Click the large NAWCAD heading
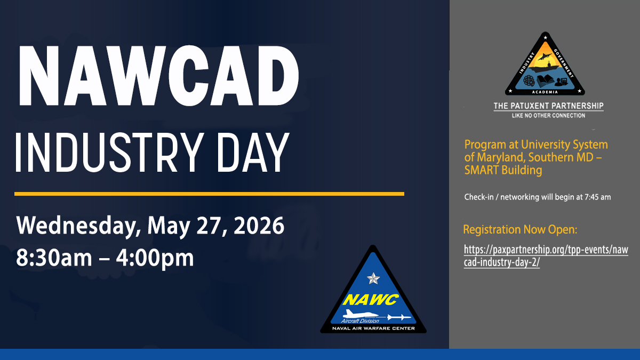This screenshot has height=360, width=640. click(159, 76)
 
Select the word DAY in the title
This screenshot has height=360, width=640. click(253, 153)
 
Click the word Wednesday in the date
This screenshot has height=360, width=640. click(77, 226)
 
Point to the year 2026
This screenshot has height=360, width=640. click(259, 225)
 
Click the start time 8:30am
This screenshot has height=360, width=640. click(54, 258)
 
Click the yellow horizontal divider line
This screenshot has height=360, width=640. click(209, 194)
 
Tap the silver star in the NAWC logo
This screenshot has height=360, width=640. click(373, 278)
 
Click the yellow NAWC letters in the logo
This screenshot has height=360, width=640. click(371, 300)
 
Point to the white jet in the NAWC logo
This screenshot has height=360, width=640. click(361, 314)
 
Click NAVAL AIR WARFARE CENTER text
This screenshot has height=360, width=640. click(373, 329)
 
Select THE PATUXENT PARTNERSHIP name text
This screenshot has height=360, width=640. click(549, 106)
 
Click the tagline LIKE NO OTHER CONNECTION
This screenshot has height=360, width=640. click(549, 116)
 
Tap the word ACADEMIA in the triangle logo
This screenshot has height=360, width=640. click(545, 92)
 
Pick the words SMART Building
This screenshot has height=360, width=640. click(503, 170)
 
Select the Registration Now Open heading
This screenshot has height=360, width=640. click(520, 230)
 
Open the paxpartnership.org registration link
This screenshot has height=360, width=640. click(546, 256)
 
